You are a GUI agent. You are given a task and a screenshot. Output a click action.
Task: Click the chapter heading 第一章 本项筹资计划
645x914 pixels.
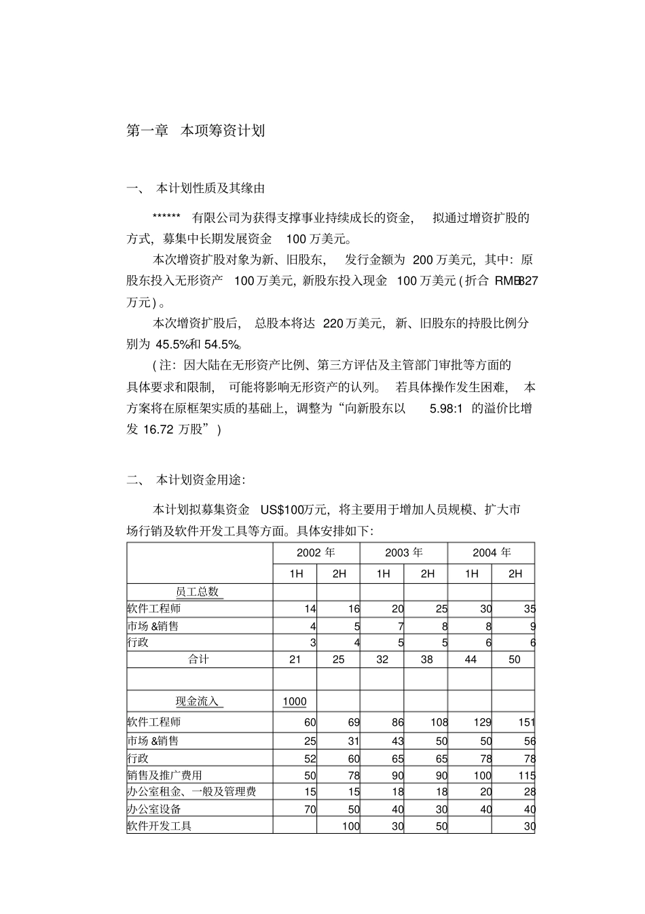(196, 131)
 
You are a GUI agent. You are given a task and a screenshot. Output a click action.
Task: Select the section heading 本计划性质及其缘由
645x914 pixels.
(210, 188)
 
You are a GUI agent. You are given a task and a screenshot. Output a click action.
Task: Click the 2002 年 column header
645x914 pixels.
(316, 552)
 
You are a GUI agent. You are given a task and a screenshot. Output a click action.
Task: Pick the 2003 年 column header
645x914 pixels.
(404, 552)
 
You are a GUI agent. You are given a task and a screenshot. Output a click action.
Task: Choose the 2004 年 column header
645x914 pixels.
(492, 552)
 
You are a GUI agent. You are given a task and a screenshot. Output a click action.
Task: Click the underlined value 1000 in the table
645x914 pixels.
(295, 701)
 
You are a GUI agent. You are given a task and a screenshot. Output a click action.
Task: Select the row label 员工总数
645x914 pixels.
(198, 591)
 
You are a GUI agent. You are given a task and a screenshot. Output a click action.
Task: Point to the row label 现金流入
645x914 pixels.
(198, 701)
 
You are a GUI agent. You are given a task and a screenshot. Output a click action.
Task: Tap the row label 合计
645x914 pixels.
(198, 659)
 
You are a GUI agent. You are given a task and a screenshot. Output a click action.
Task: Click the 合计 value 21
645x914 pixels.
(295, 659)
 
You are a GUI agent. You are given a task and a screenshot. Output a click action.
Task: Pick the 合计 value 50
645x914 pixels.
(515, 659)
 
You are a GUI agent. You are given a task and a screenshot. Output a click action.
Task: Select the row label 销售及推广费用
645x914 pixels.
(164, 775)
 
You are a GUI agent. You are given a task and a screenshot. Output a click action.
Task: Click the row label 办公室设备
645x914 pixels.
(154, 809)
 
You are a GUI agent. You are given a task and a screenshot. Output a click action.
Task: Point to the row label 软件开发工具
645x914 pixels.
(160, 826)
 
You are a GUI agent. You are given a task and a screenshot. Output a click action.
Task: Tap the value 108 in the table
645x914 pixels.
(439, 722)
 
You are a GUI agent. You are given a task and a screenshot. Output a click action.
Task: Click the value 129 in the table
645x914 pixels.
(482, 722)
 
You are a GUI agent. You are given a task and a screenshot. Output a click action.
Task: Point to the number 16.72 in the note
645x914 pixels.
(159, 429)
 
